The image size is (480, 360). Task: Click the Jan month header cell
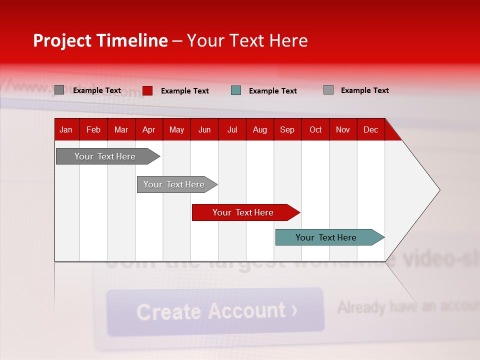click(x=66, y=129)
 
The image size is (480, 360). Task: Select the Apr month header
click(x=149, y=129)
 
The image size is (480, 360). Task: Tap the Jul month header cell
click(x=232, y=129)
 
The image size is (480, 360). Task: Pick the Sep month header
click(x=287, y=129)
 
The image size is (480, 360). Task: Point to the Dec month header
click(x=370, y=129)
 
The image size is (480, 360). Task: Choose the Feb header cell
click(x=93, y=129)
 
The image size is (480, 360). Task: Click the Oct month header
click(x=315, y=129)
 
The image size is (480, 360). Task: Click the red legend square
click(x=147, y=90)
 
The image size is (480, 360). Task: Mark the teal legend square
click(x=236, y=90)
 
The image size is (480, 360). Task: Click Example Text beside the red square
click(x=185, y=91)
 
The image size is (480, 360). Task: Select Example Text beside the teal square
click(x=273, y=91)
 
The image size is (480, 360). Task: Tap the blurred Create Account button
click(x=215, y=311)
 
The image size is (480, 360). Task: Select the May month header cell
click(x=176, y=129)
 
